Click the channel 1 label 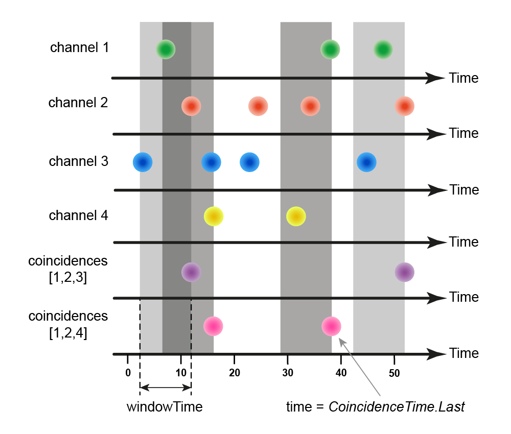[x=79, y=48]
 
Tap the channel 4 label [x=78, y=215]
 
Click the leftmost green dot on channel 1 [x=166, y=50]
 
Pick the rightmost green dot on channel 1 [x=383, y=50]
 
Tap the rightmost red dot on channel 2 [x=405, y=106]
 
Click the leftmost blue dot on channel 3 [x=143, y=162]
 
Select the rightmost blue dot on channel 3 [x=366, y=162]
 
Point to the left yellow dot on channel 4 [x=214, y=216]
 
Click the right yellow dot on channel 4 [x=296, y=216]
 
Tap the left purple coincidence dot [x=191, y=272]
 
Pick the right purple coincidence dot [x=404, y=272]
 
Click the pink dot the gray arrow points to [x=332, y=326]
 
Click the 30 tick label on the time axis [x=288, y=373]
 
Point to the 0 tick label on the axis [x=128, y=373]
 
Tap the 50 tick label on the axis [x=394, y=373]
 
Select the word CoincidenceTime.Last [x=397, y=407]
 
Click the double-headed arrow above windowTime [x=165, y=388]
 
